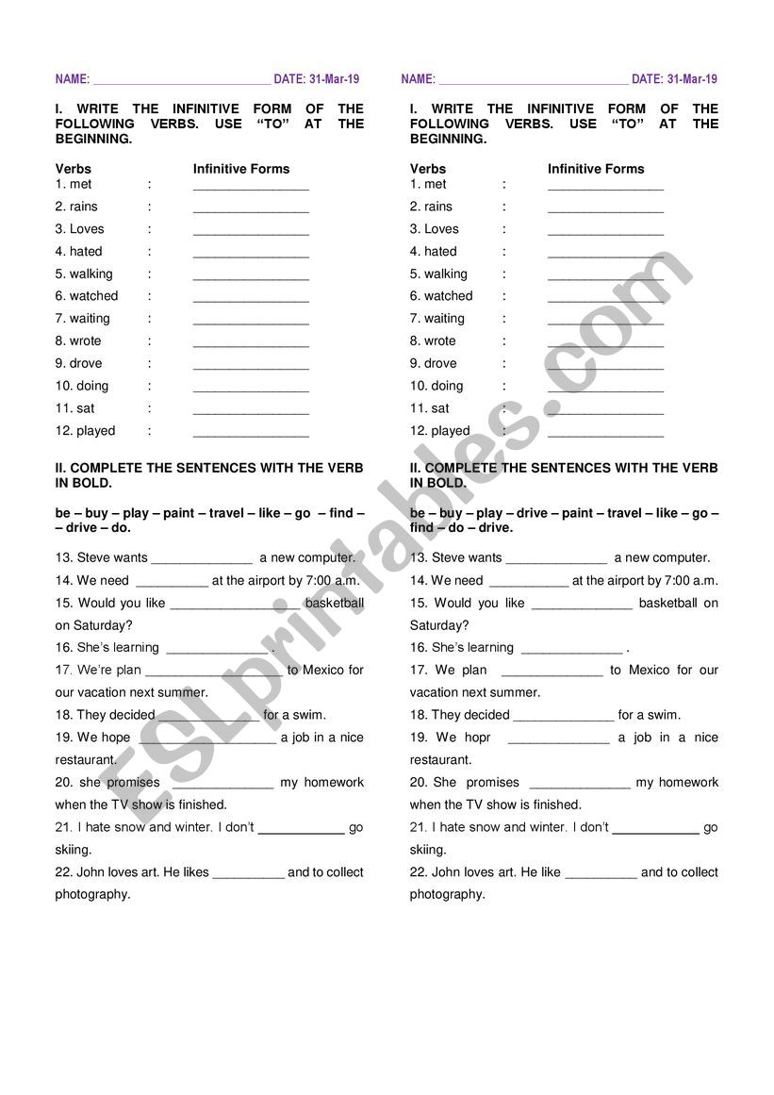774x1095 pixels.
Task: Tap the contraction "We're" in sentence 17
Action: point(94,671)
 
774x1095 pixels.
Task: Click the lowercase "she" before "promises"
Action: point(91,783)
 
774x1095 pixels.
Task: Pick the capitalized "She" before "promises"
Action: point(445,783)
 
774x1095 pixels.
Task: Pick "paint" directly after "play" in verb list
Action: point(178,513)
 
